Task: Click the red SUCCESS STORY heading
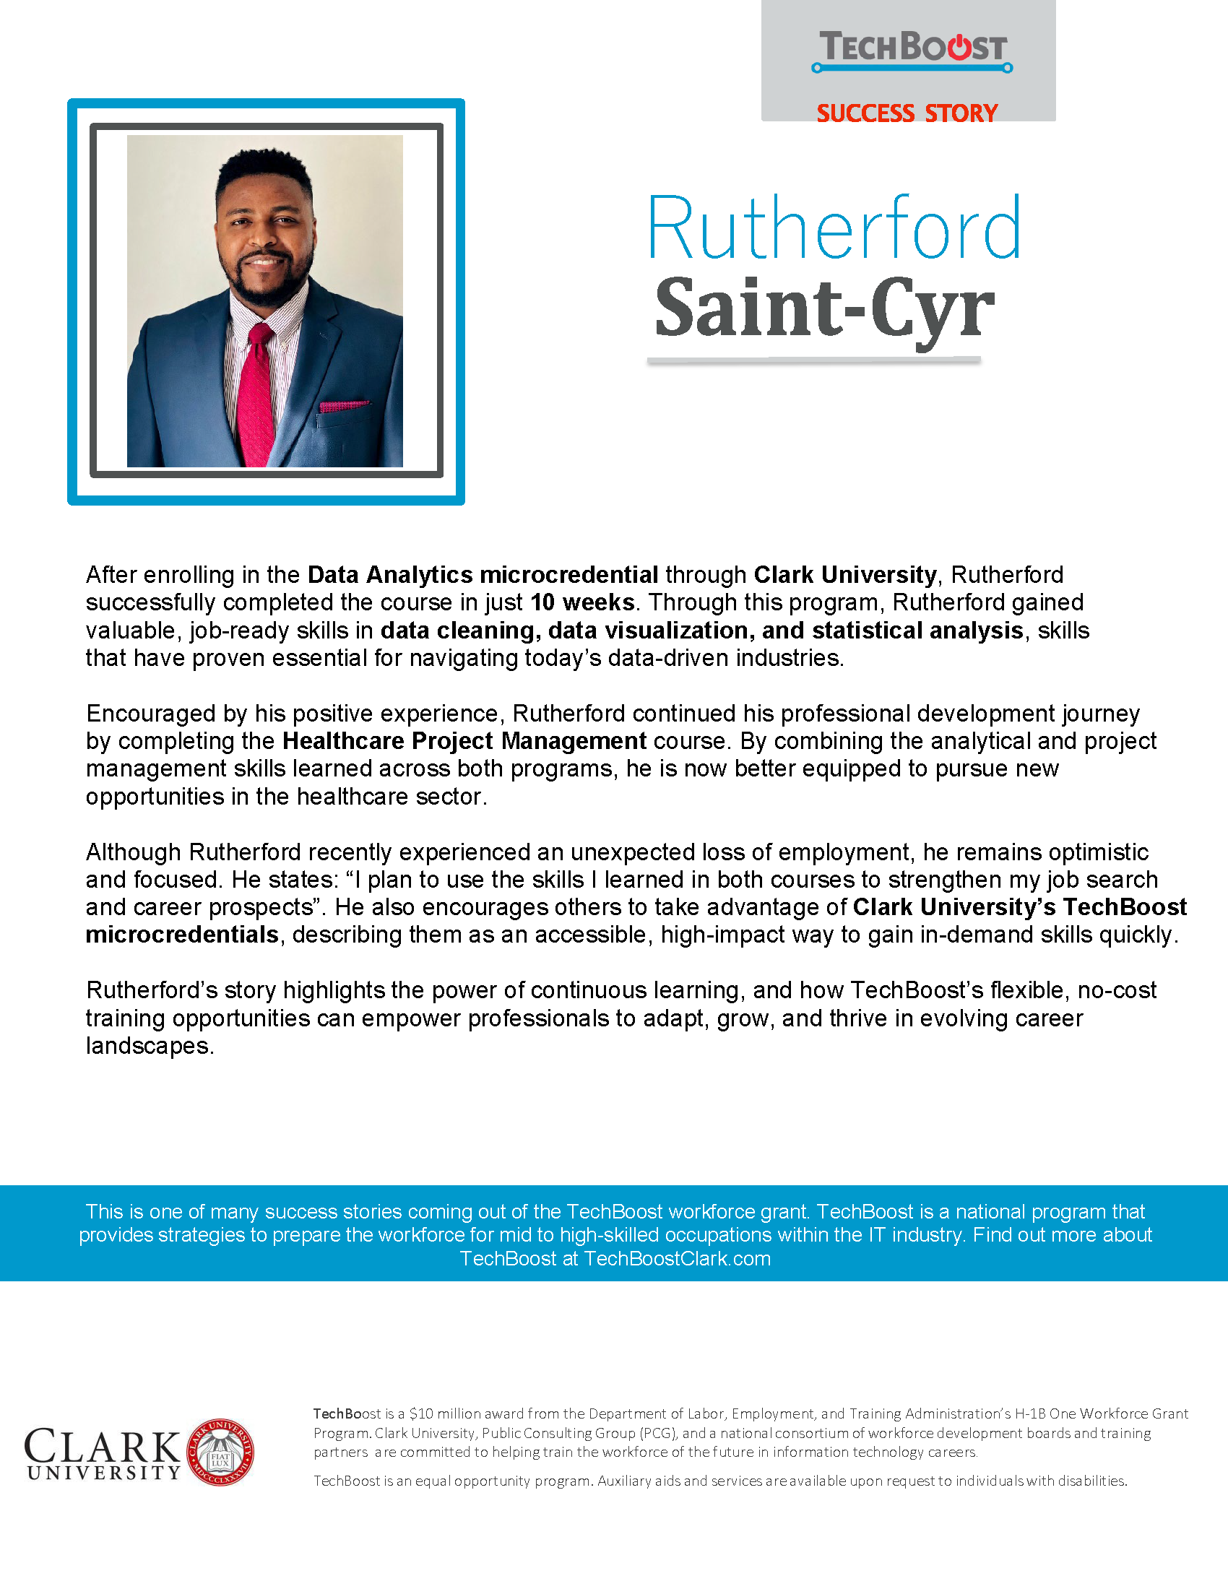coord(907,113)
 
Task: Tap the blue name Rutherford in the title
coord(834,228)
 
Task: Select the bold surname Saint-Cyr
coord(823,309)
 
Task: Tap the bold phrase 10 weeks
coord(582,602)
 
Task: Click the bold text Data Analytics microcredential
coord(483,575)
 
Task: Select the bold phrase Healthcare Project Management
coord(464,740)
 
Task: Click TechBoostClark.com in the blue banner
coord(677,1259)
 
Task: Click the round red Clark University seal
coord(220,1452)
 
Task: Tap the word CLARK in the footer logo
coord(102,1446)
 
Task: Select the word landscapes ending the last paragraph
coord(149,1046)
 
